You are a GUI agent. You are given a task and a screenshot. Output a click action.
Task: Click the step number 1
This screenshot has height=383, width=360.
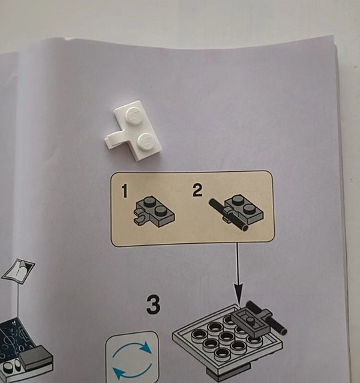click(124, 191)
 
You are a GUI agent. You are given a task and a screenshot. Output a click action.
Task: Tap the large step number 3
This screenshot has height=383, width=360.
click(153, 305)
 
